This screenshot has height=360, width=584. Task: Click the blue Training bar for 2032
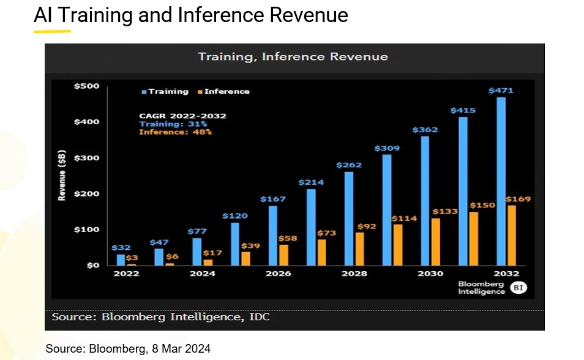tap(500, 181)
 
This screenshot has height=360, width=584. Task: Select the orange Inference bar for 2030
tap(436, 242)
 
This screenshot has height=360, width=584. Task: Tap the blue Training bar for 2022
tap(121, 260)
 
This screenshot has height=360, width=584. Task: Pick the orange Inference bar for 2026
tap(284, 255)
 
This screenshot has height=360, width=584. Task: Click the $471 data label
tap(501, 91)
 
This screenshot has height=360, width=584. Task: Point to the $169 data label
tap(518, 199)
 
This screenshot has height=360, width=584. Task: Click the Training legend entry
tap(165, 91)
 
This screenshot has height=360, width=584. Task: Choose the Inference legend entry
tap(224, 91)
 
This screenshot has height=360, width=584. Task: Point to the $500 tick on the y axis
tap(86, 86)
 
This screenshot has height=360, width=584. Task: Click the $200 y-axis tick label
tap(86, 194)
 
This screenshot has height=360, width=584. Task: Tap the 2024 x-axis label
tap(203, 274)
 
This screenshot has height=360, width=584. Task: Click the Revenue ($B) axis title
tap(62, 176)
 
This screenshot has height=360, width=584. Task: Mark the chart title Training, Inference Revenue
tap(293, 57)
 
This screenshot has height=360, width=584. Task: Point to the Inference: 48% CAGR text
tap(175, 132)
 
